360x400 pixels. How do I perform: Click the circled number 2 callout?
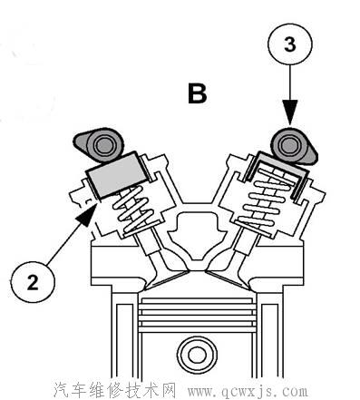pos(33,282)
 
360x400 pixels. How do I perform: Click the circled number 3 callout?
pos(290,44)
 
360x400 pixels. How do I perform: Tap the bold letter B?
pos(198,93)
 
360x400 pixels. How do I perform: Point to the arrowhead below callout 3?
pos(290,113)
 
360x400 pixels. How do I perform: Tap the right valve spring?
pos(266,201)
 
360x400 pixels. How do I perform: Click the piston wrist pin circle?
pos(197,355)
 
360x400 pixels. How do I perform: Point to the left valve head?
pos(167,278)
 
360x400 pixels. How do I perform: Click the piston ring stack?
pos(197,315)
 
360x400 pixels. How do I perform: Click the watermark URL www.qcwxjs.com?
pos(248,391)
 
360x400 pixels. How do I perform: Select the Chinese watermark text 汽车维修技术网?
pos(115,390)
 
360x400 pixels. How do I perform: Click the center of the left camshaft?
pos(103,145)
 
